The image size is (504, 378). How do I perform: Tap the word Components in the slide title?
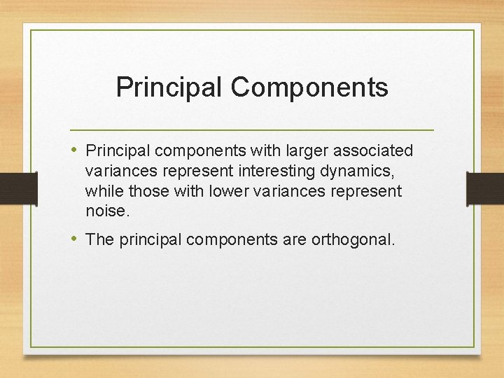pyautogui.click(x=309, y=87)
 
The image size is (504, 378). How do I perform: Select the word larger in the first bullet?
pyautogui.click(x=277, y=151)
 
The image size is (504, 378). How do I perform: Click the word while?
pyautogui.click(x=103, y=191)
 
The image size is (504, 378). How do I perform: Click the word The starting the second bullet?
pyautogui.click(x=99, y=240)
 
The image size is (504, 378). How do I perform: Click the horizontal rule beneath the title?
pyautogui.click(x=252, y=130)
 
